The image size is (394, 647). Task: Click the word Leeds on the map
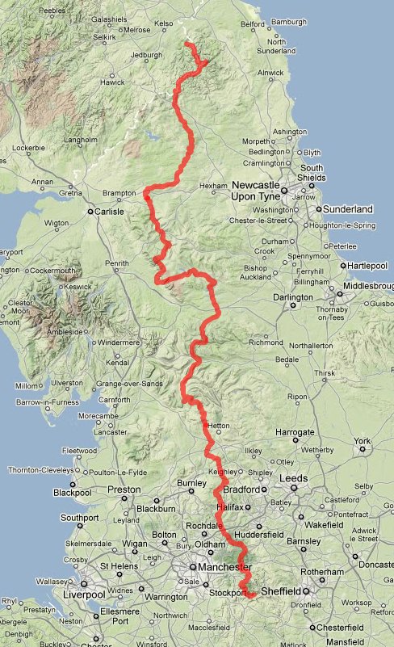coord(294,478)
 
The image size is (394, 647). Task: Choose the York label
coord(361,441)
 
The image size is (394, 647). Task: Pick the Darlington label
coord(292,297)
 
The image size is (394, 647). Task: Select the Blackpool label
coord(73,493)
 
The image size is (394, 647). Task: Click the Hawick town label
coord(112,82)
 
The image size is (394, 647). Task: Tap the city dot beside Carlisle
coord(90,212)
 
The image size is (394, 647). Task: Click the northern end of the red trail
coord(187,43)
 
